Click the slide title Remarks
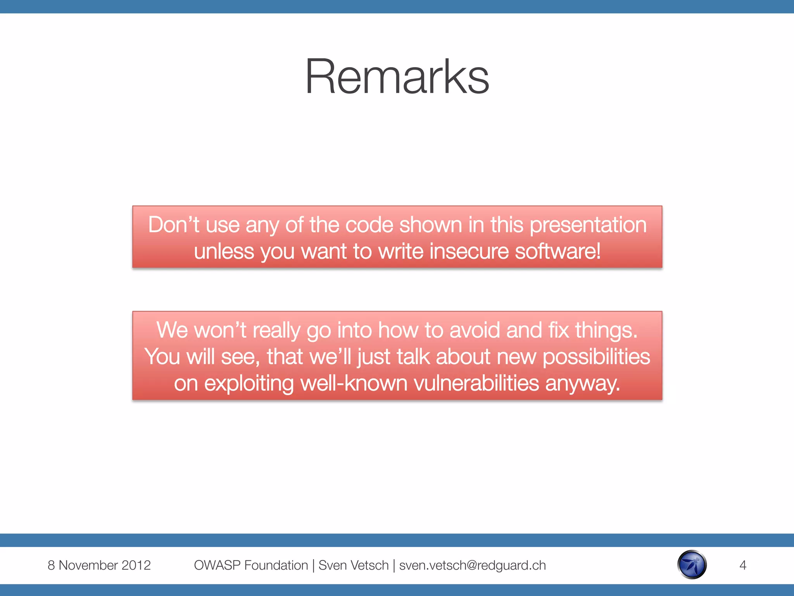tap(397, 76)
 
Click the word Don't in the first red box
tap(173, 225)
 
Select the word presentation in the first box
tap(588, 225)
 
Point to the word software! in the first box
tap(558, 251)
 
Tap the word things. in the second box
tap(606, 330)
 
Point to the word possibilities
tap(596, 357)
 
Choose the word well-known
tap(354, 383)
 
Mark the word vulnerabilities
tap(476, 383)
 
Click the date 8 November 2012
tap(99, 565)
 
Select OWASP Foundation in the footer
tap(251, 565)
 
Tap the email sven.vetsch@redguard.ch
tap(472, 565)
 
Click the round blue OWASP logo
tap(692, 565)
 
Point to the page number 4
tap(742, 565)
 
